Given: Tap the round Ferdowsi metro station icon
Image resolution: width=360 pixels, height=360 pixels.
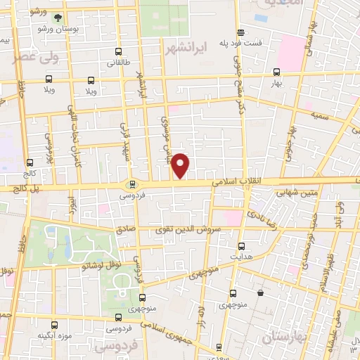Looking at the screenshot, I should pyautogui.click(x=131, y=185).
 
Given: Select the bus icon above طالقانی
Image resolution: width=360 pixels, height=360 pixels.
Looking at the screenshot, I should pyautogui.click(x=117, y=51).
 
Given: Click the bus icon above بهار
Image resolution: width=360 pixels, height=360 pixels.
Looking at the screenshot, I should pyautogui.click(x=276, y=71).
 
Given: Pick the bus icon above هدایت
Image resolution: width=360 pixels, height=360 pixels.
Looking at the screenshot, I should pyautogui.click(x=241, y=246).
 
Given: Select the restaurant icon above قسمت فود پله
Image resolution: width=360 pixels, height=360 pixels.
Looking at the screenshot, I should pyautogui.click(x=241, y=32).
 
